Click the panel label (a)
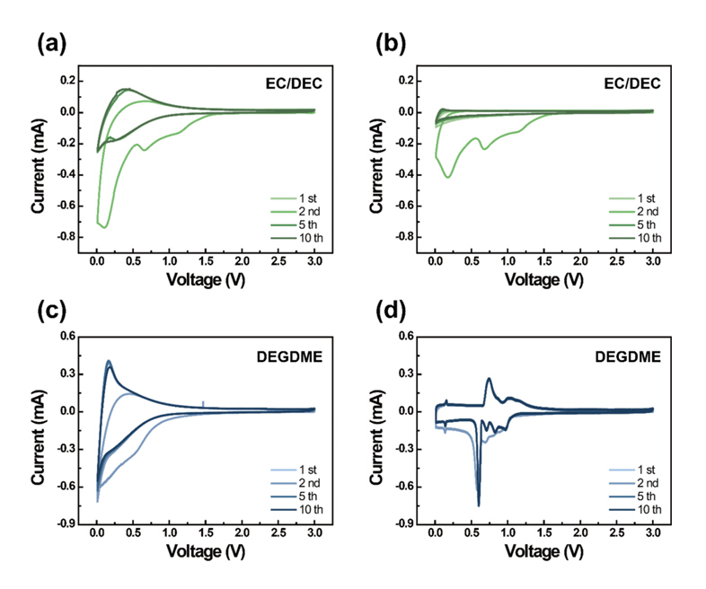(53, 42)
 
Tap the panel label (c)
(53, 313)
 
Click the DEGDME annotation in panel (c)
(289, 355)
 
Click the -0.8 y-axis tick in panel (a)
(64, 237)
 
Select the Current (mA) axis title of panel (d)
(376, 429)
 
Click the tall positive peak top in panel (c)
(109, 361)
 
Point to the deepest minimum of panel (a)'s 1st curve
(104, 228)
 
